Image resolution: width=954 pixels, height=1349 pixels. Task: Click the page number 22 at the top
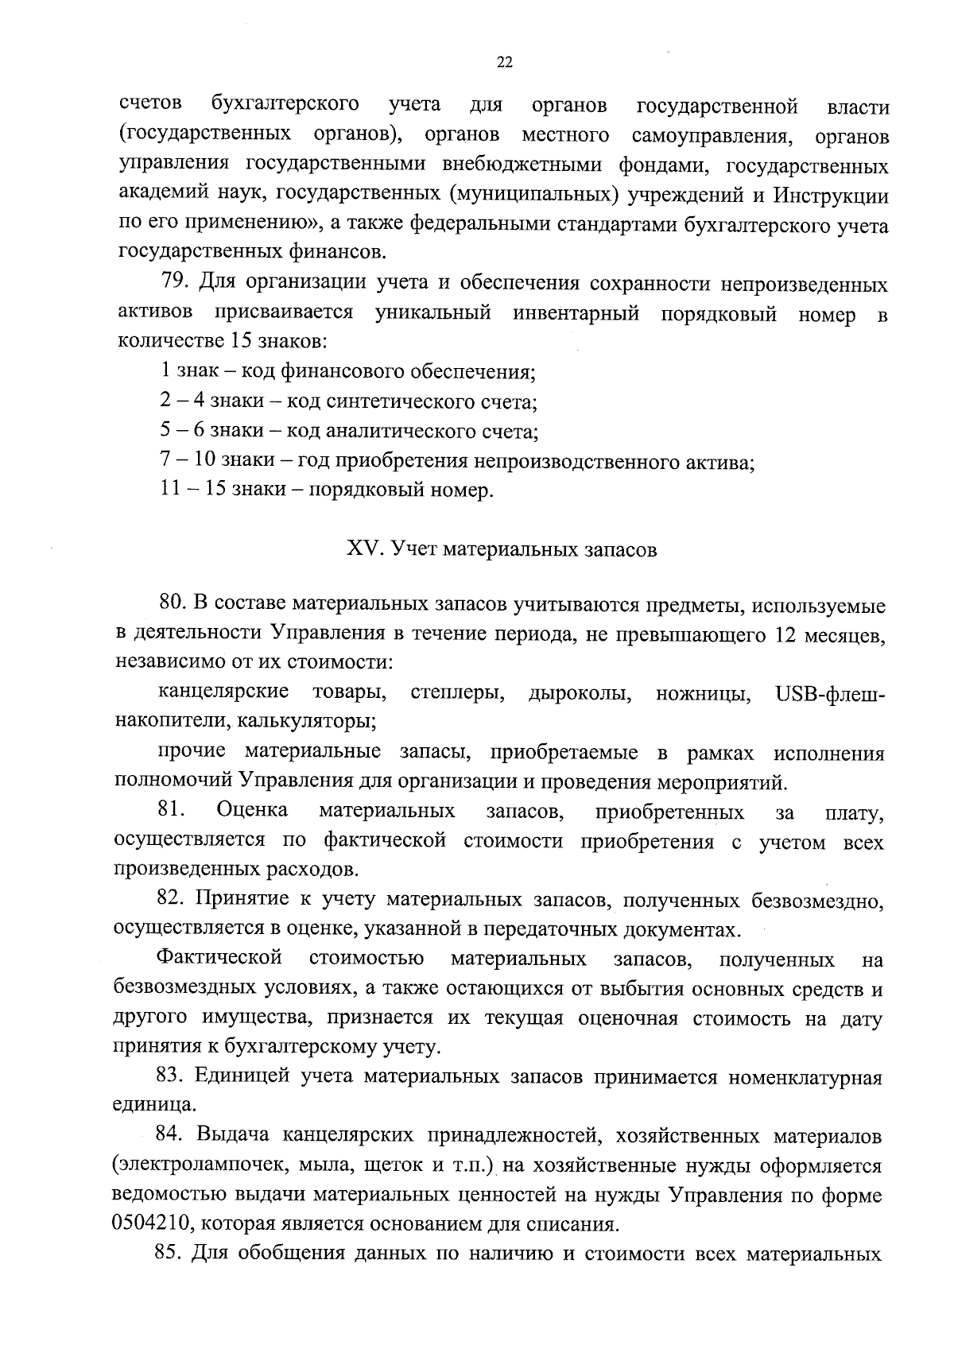pyautogui.click(x=504, y=64)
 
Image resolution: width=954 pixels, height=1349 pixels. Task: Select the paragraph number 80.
pyautogui.click(x=172, y=606)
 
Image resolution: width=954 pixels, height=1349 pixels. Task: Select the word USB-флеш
pyautogui.click(x=828, y=693)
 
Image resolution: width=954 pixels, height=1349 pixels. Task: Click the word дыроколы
pyautogui.click(x=580, y=694)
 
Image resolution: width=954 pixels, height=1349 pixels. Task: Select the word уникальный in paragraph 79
pyautogui.click(x=432, y=312)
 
